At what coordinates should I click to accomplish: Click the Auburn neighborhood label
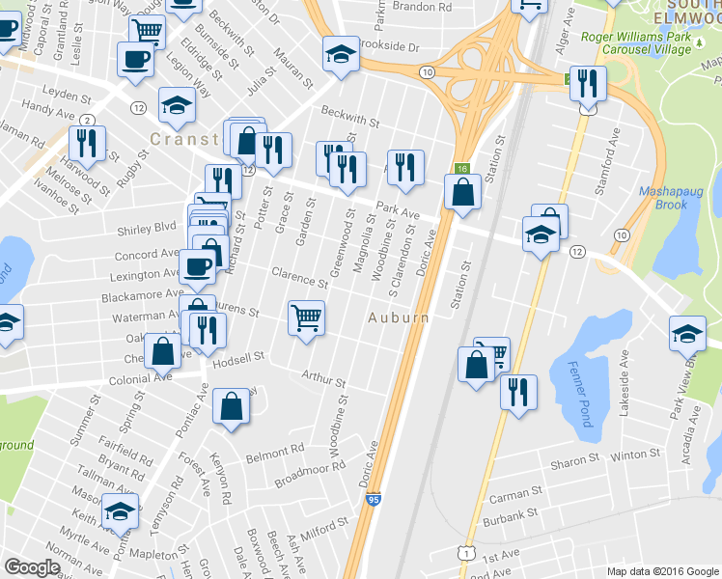coord(397,317)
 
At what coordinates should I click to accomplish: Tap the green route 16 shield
coord(463,169)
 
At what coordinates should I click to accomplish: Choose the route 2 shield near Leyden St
coord(88,120)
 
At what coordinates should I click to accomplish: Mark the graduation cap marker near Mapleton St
coord(121,510)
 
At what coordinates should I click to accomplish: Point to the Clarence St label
coord(299,278)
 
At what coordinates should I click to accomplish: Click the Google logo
coord(32,567)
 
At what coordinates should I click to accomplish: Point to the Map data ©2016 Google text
coord(662,571)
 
